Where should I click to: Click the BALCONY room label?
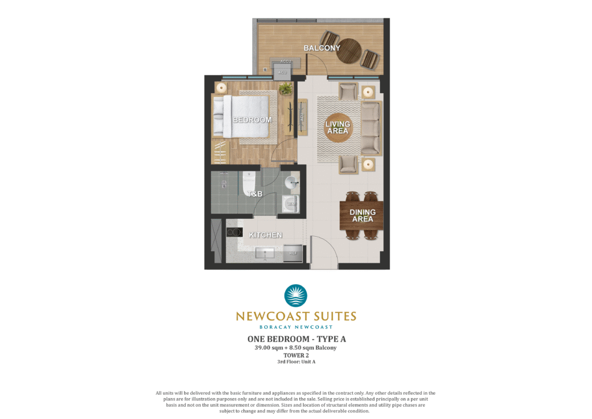(321, 48)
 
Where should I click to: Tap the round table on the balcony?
(349, 52)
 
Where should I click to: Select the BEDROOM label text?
(252, 120)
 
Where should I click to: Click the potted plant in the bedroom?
(286, 89)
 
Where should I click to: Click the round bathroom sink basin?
(291, 183)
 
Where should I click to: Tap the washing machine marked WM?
(291, 204)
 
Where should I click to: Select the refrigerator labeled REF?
(293, 253)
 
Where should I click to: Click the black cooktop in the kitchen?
(234, 232)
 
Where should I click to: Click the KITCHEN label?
(265, 235)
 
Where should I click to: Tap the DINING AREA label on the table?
(362, 216)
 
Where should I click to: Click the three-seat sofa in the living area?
(371, 128)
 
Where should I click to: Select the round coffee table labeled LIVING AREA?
(338, 128)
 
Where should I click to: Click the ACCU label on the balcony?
(286, 61)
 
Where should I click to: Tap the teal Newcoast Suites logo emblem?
(295, 296)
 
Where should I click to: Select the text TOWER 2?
(296, 355)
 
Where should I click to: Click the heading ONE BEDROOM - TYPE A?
(297, 339)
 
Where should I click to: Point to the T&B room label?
(255, 194)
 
